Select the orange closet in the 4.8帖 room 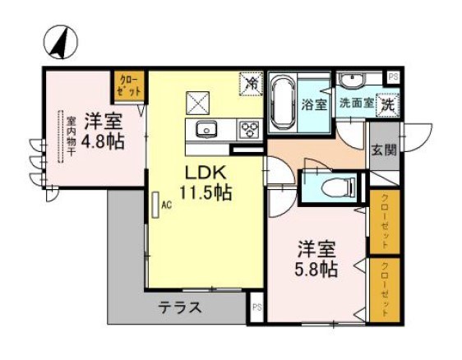pyautogui.click(x=129, y=85)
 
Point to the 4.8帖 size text pyautogui.click(x=102, y=141)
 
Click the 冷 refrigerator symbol pyautogui.click(x=251, y=83)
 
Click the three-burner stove pyautogui.click(x=248, y=128)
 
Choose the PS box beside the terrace pyautogui.click(x=256, y=307)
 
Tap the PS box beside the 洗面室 pyautogui.click(x=394, y=77)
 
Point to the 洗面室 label pyautogui.click(x=354, y=104)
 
